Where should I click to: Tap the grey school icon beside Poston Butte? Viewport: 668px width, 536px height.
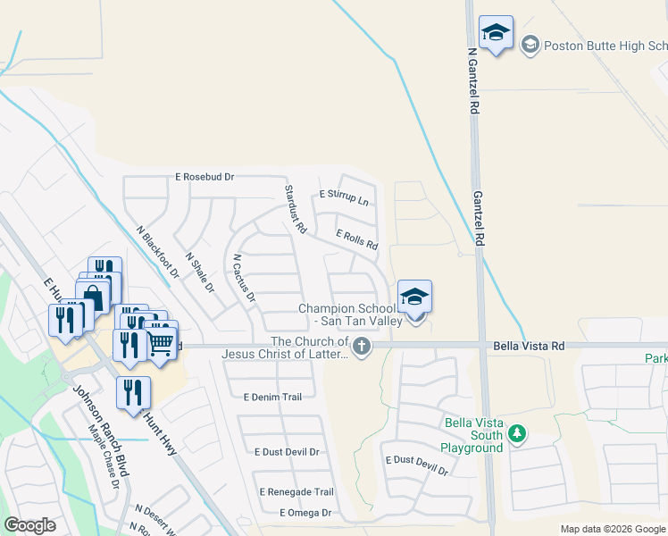[530, 45]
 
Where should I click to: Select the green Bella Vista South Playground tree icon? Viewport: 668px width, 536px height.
[515, 434]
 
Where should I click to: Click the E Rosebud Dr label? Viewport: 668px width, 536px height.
[205, 177]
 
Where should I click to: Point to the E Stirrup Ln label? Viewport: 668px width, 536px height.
[344, 197]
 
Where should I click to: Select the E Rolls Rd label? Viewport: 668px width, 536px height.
[356, 239]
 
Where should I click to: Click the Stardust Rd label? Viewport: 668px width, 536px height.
[296, 211]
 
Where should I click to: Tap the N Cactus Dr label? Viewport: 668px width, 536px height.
[244, 277]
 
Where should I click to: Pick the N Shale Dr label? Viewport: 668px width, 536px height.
[200, 273]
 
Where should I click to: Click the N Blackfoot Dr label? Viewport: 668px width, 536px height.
[158, 251]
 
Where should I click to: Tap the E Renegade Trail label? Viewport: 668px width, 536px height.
[296, 492]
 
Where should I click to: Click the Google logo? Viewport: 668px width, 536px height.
[29, 525]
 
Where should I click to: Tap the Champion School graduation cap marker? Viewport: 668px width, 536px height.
[414, 297]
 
